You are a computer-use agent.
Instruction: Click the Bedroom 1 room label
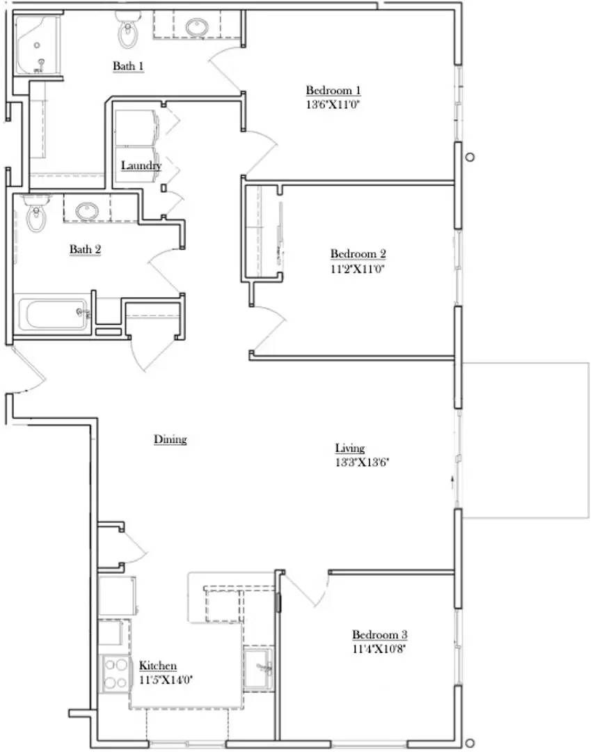pos(333,91)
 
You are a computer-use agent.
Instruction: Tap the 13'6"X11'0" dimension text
pos(333,105)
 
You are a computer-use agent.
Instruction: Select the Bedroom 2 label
pos(358,254)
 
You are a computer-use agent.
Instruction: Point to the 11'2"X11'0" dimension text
pos(358,268)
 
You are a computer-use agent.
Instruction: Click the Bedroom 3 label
pos(379,635)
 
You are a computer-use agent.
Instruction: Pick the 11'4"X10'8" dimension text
pos(379,649)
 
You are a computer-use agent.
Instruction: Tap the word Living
pos(350,448)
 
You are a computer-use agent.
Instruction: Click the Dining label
pos(170,439)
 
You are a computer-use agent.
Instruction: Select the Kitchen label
pos(158,666)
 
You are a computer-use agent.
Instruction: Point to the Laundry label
pos(141,166)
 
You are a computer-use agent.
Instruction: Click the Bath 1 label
pos(129,66)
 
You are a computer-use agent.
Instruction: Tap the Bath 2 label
pos(86,249)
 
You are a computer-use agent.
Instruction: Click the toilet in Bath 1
pos(127,30)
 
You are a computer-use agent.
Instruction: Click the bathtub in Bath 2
pos(54,315)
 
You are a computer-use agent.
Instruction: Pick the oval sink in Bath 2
pos(88,210)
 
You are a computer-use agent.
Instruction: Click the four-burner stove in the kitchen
pos(116,673)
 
